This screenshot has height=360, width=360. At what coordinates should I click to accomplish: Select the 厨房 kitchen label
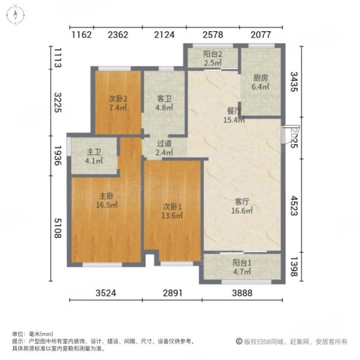coord(260,77)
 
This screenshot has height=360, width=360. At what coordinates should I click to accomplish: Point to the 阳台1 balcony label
coord(243,262)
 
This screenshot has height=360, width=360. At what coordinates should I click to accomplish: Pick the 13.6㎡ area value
coord(173,216)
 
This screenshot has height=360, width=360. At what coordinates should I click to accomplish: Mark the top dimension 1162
coord(81,34)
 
